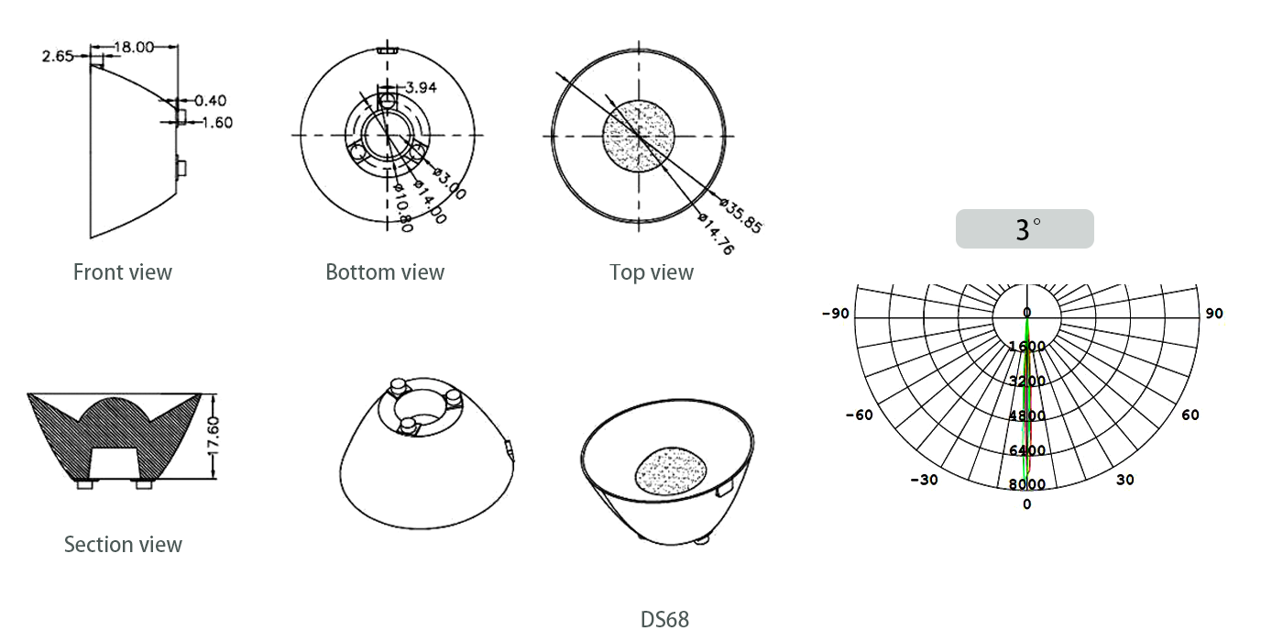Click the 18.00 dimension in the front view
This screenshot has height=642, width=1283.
point(134,47)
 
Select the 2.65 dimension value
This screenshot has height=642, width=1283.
point(58,56)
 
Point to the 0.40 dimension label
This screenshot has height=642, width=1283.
point(210,101)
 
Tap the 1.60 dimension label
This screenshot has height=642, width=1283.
point(217,123)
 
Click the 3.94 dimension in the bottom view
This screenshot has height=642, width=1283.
point(421,88)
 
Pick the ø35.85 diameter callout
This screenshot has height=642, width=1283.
point(741,216)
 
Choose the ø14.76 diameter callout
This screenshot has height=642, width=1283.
point(716,234)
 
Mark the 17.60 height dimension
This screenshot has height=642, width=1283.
point(213,437)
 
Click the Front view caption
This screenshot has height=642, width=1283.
point(123,272)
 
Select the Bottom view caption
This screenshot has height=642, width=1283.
point(385,272)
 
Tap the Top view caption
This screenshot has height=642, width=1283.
point(652,273)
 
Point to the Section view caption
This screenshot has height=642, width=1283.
point(123,545)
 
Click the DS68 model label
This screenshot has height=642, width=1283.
point(664,620)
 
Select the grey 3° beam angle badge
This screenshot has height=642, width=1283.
point(1025,228)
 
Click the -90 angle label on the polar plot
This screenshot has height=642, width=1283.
point(836,314)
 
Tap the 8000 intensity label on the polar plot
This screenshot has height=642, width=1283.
point(1027,484)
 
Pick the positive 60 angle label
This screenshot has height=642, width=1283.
point(1190,415)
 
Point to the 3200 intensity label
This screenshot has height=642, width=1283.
point(1027,382)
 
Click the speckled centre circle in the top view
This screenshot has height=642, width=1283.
point(639,136)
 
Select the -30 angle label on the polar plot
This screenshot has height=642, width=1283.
point(925,480)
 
